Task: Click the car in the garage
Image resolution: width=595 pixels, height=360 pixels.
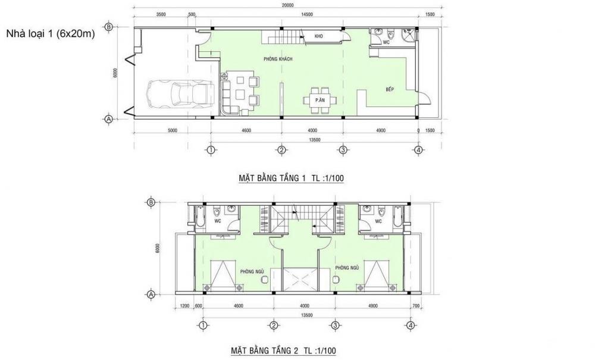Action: (181, 93)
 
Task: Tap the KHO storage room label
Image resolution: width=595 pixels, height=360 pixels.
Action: (319, 36)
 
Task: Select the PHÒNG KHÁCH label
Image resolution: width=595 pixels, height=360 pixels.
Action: (278, 59)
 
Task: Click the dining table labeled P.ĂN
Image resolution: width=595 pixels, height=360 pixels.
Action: (320, 101)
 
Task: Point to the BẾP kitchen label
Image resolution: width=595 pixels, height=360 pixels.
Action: (390, 89)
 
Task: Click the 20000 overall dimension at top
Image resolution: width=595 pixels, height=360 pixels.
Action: (289, 5)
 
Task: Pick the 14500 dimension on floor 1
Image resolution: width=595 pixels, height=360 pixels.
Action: (307, 15)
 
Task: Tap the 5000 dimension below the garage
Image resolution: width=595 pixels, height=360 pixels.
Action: (173, 130)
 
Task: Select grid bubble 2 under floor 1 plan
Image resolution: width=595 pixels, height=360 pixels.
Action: (281, 150)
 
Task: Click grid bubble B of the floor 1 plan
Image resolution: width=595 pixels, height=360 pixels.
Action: (109, 27)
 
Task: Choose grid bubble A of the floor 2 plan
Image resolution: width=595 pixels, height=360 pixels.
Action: (151, 294)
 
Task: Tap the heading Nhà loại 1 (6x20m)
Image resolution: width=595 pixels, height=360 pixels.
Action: (50, 34)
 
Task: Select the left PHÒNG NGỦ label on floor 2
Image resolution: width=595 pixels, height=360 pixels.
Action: (252, 271)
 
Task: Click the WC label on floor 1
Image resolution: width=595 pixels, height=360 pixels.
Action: (386, 42)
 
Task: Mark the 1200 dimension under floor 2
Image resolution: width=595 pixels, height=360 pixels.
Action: (184, 306)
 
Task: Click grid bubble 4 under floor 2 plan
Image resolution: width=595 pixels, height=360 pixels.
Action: (410, 325)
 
